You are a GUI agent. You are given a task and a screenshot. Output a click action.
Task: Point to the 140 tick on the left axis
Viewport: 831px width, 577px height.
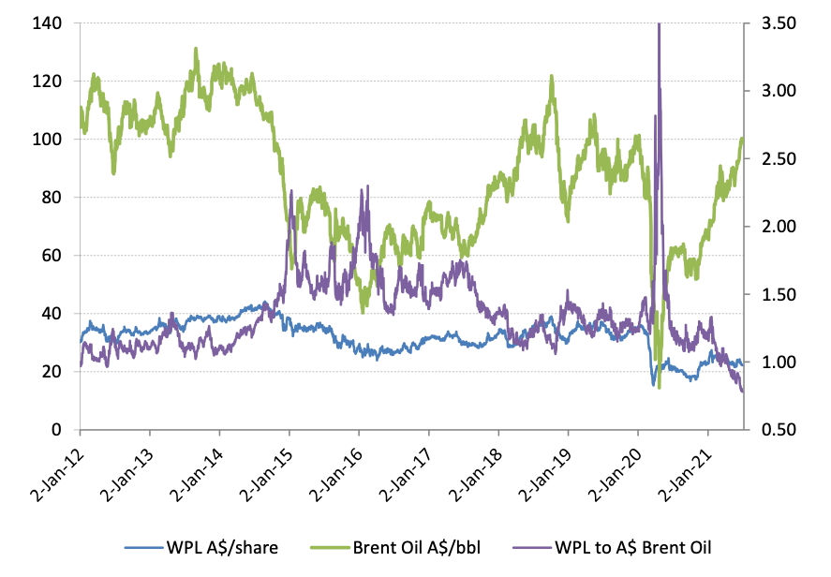point(50,23)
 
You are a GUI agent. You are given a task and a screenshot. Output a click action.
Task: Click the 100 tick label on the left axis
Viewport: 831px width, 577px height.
point(50,140)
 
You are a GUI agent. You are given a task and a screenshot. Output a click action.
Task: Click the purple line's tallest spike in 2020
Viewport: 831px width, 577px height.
point(659,24)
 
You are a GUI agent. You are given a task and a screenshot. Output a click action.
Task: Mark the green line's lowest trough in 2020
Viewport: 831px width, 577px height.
point(660,388)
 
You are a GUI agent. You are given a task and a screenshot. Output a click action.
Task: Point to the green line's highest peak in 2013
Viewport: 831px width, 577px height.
point(196,48)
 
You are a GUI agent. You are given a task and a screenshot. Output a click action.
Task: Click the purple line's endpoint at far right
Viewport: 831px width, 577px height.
point(743,392)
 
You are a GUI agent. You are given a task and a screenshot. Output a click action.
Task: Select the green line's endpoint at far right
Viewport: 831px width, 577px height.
point(743,139)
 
